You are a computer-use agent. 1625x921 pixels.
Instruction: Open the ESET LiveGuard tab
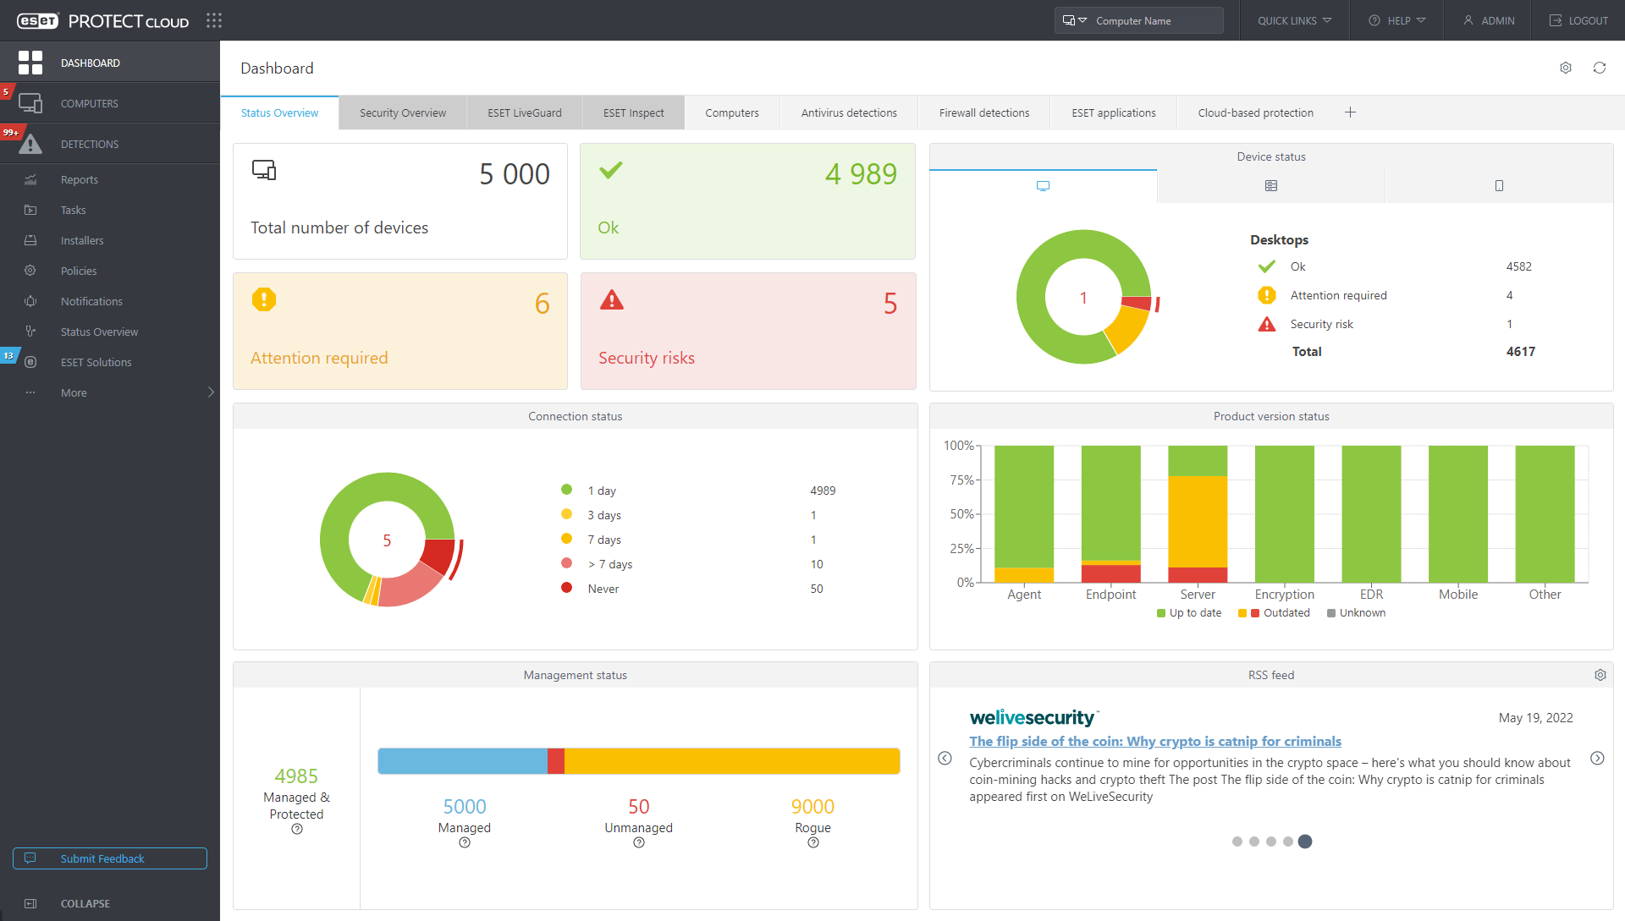(x=524, y=112)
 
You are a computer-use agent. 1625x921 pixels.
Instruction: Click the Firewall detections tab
(x=983, y=112)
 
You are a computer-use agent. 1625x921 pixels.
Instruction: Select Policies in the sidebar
(x=79, y=271)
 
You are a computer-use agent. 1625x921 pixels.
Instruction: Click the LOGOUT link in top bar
(x=1578, y=20)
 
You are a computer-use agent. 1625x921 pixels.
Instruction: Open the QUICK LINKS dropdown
(x=1294, y=20)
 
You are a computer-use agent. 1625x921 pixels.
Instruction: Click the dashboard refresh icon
(x=1599, y=68)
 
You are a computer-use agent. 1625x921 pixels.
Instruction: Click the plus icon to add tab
(x=1350, y=112)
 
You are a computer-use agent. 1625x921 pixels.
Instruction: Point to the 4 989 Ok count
(x=860, y=174)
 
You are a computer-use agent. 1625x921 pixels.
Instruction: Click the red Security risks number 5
(x=890, y=304)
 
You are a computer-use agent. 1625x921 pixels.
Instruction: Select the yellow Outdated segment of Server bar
(x=1197, y=521)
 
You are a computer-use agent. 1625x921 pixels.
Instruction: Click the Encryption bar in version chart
(x=1284, y=513)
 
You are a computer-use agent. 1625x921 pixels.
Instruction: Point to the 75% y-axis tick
(x=961, y=480)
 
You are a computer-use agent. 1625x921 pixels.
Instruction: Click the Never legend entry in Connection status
(x=603, y=589)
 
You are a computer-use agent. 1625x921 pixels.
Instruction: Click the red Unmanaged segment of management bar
(x=556, y=761)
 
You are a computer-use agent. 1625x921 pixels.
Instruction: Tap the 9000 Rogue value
(x=812, y=807)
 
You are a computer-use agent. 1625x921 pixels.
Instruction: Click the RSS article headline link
(x=1154, y=741)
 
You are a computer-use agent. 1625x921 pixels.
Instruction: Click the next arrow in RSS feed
(x=1597, y=759)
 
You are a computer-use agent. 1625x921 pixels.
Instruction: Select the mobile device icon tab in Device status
(x=1498, y=186)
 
